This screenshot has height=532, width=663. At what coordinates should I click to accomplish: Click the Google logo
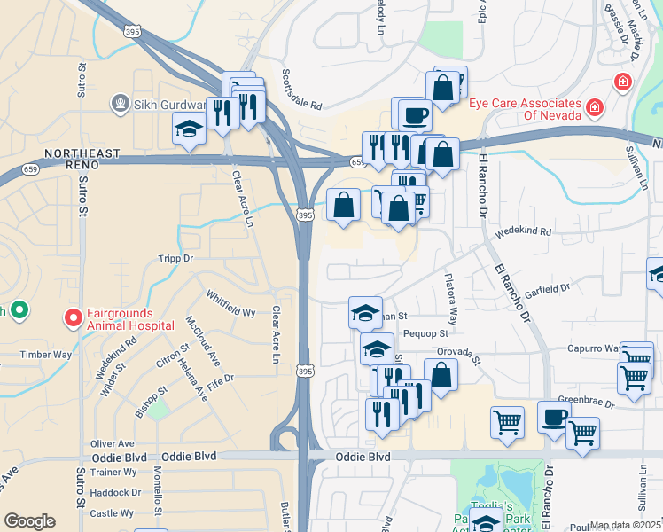coord(29,521)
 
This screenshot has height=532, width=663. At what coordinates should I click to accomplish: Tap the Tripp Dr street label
coord(175,259)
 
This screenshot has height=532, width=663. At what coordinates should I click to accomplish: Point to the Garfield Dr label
coord(546,290)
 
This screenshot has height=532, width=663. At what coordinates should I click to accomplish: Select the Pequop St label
coord(427,333)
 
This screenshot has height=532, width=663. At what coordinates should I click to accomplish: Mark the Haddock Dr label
coord(115,492)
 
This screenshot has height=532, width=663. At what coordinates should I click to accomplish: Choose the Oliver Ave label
coord(113,443)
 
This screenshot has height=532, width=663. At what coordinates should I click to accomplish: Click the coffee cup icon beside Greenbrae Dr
coord(554,417)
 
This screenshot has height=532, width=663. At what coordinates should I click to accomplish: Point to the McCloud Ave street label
coord(201,340)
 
